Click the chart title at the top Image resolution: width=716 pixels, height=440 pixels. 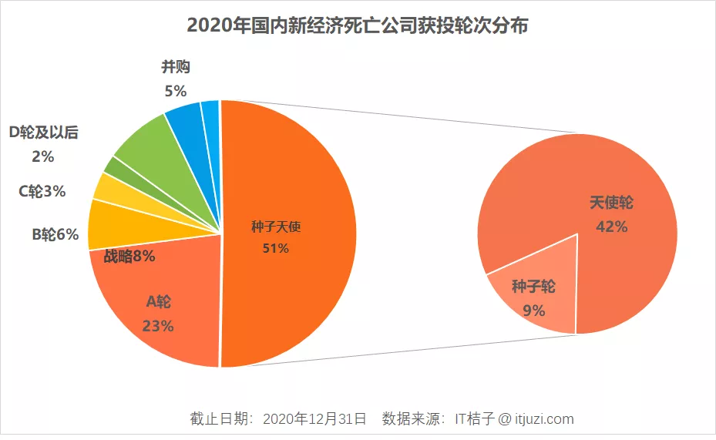tap(358, 25)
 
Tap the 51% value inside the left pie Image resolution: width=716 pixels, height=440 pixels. tap(275, 248)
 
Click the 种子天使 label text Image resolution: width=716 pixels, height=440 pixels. tap(275, 227)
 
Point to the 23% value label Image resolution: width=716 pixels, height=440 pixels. tap(157, 326)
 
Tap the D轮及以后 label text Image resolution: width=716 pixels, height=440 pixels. tap(43, 133)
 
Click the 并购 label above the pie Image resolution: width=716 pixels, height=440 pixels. tap(176, 67)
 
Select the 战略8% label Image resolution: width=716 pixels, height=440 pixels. tap(129, 257)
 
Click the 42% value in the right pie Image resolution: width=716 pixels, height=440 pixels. tap(612, 227)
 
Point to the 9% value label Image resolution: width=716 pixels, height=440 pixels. tap(533, 311)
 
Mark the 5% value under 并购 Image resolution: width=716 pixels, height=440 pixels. tap(176, 91)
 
